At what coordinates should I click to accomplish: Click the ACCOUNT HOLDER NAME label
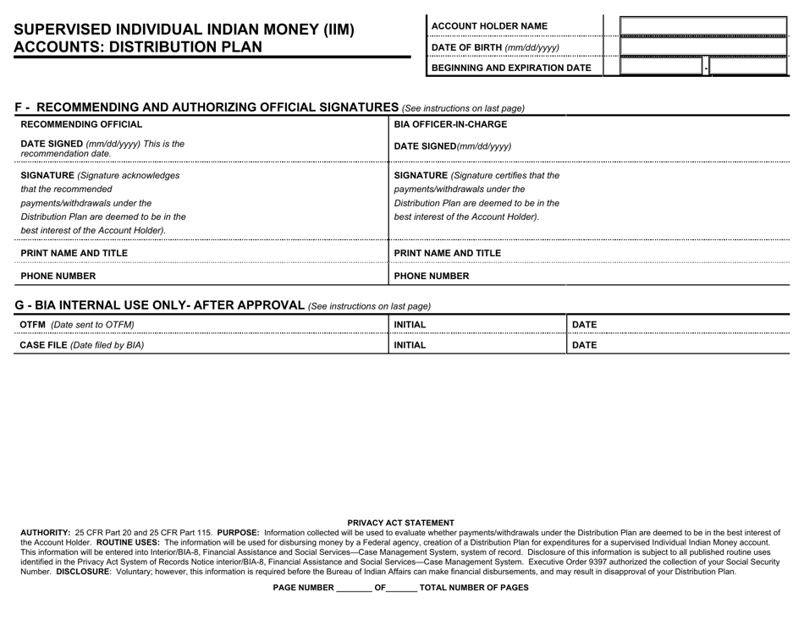(x=489, y=26)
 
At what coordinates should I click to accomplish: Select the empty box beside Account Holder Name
(x=703, y=26)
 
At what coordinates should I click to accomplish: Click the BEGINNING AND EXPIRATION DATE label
(x=511, y=68)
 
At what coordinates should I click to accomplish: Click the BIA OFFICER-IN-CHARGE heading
(x=451, y=124)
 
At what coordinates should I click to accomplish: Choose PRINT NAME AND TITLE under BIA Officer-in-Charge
(x=448, y=253)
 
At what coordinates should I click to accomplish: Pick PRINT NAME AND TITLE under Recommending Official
(x=74, y=253)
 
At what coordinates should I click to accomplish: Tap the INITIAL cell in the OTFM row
(x=410, y=325)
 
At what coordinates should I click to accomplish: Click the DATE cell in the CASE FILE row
(x=585, y=345)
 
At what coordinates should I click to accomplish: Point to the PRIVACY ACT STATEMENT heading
(x=401, y=523)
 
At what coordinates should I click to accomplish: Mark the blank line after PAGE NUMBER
(x=354, y=588)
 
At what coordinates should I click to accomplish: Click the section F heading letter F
(x=19, y=107)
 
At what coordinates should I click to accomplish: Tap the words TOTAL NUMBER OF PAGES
(x=474, y=588)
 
